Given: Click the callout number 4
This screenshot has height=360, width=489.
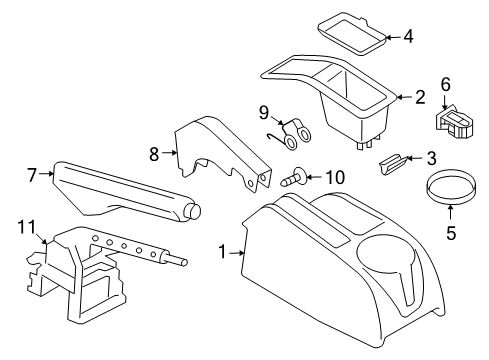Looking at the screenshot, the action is coord(408,36).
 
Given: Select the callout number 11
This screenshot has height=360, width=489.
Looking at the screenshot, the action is coord(26,227).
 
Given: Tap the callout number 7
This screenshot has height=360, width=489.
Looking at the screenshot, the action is coord(32,175).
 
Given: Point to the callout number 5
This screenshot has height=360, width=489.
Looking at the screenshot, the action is coord(451,233).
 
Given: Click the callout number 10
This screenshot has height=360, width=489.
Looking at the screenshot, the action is coord(335,177).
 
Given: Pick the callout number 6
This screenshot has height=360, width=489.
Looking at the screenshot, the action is coord(446,85).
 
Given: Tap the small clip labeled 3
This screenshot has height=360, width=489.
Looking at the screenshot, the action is coord(392,163).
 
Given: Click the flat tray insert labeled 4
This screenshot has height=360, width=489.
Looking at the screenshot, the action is coord(353,34).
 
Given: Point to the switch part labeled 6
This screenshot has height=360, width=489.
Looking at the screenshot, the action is coord(454,121).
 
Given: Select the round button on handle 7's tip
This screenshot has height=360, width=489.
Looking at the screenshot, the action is coord(194,211).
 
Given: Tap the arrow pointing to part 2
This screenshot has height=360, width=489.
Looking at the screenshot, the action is coord(405,97).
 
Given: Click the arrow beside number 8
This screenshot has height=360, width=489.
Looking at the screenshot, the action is coord(169,153).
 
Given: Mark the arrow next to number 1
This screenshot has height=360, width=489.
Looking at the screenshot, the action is coord(237,253).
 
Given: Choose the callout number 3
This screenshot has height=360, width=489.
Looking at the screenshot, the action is coord(432,158).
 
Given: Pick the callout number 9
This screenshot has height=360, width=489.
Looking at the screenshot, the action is coord(264,113).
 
